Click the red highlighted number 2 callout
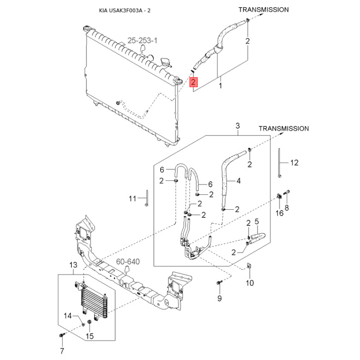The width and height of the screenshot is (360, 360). (193, 82)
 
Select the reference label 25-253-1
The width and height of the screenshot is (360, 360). (142, 40)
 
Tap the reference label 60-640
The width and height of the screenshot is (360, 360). (128, 261)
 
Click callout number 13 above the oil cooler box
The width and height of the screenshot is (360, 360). (73, 265)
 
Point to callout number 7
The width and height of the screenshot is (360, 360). (62, 351)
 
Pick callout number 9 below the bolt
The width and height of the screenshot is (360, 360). (220, 298)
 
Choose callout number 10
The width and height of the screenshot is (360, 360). (250, 283)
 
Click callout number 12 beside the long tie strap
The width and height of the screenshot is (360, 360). (294, 163)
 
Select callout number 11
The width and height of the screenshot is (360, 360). (132, 198)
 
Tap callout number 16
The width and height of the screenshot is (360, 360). (279, 213)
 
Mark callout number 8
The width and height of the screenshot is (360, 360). (287, 207)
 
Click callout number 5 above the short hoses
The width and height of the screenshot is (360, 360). (256, 221)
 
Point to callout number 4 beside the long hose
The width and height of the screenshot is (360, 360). (238, 181)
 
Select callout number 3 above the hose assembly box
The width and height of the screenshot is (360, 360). (238, 126)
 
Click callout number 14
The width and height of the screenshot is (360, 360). (68, 316)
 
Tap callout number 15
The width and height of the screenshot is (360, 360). (90, 336)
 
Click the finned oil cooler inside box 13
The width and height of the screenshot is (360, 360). (94, 302)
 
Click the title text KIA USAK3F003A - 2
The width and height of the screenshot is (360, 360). (125, 10)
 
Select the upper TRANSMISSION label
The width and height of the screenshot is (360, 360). (264, 9)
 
